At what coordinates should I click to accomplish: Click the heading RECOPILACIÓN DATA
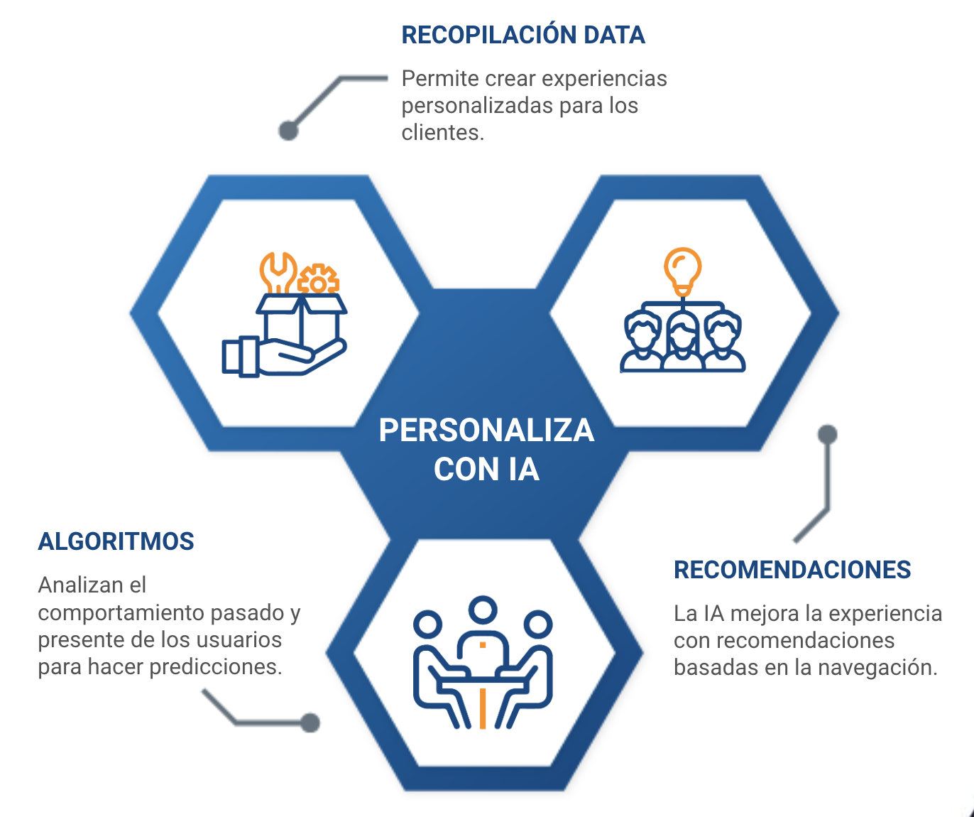tap(523, 35)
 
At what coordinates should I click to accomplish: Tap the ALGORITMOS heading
tap(116, 541)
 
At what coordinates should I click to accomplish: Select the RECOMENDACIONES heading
tap(792, 570)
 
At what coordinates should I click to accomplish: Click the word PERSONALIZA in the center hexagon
tap(486, 430)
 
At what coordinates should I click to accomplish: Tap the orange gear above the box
tap(318, 279)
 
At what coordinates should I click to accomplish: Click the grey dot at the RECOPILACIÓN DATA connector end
tap(288, 130)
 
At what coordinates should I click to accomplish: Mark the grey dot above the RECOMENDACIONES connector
tap(828, 435)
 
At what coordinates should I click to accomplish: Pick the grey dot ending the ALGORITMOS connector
tap(310, 723)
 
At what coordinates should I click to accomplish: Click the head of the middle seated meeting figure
tap(483, 610)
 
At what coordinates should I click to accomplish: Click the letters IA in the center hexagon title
tap(524, 470)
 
